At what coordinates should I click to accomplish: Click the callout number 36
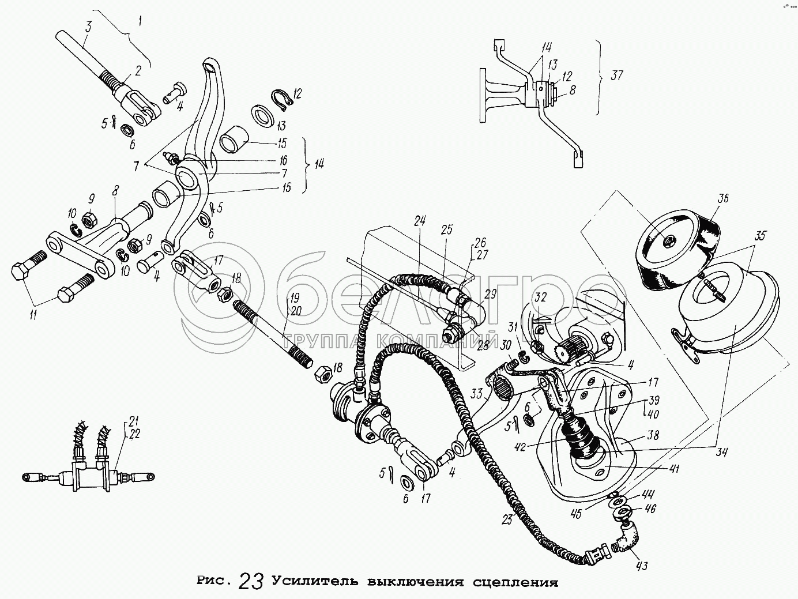(724, 198)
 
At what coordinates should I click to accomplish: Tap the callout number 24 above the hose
(419, 220)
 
